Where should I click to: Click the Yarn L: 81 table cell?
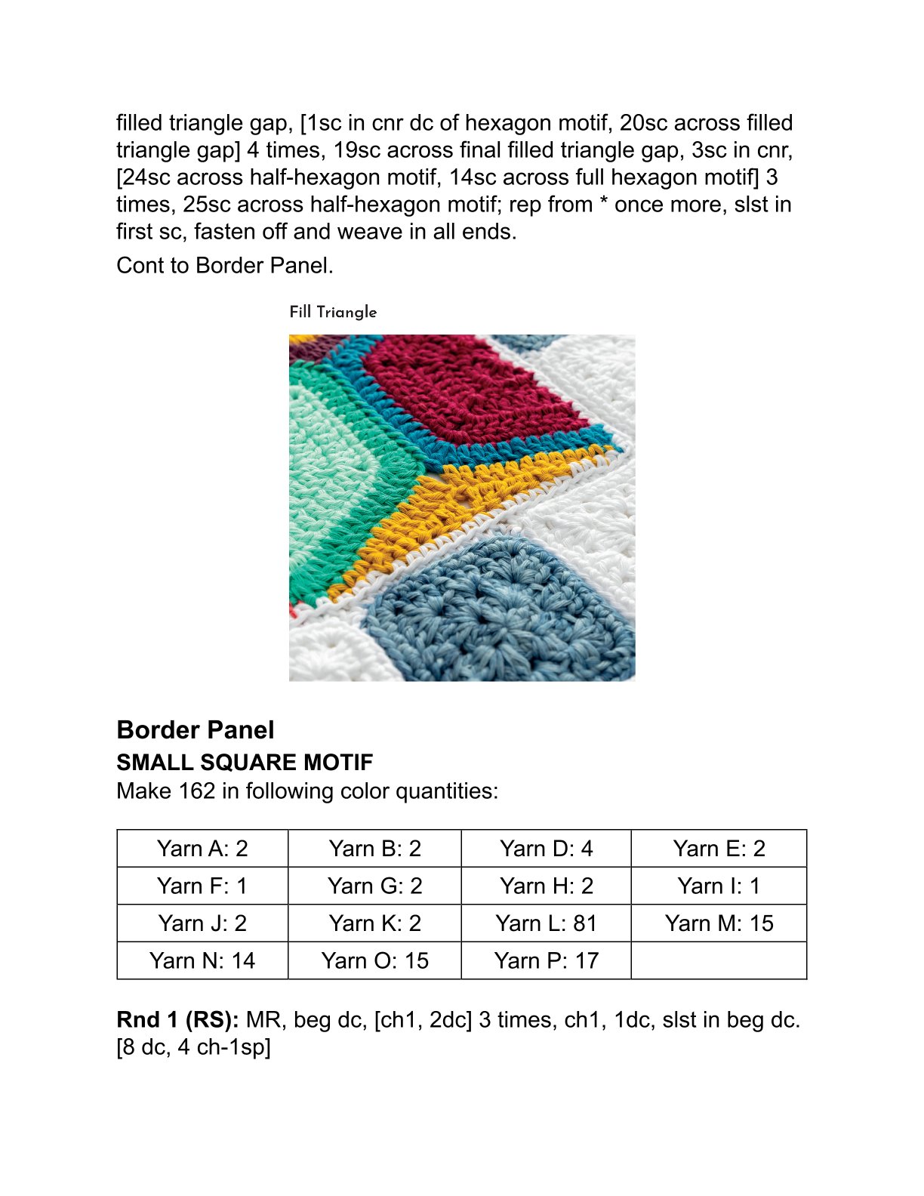click(x=546, y=923)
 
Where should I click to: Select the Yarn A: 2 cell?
click(x=202, y=849)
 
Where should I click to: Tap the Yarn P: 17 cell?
click(x=546, y=960)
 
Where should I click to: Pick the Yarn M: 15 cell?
click(x=719, y=923)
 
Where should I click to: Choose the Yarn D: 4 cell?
click(x=546, y=849)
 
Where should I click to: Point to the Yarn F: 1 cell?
click(x=202, y=886)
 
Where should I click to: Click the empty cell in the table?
click(x=719, y=960)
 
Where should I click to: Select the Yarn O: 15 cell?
click(x=374, y=960)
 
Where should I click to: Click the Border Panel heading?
click(x=196, y=730)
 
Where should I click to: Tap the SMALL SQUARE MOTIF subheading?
click(x=245, y=763)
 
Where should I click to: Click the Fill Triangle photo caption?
click(x=333, y=312)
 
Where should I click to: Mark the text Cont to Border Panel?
click(x=225, y=266)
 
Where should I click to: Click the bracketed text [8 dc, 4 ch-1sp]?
click(x=193, y=1047)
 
